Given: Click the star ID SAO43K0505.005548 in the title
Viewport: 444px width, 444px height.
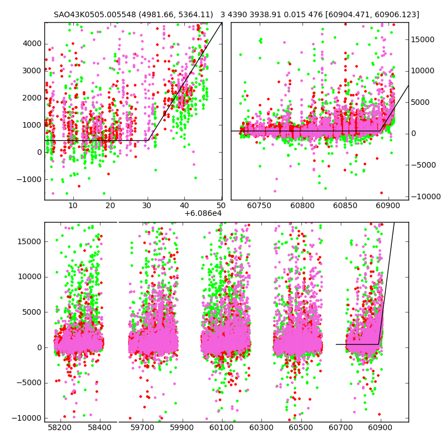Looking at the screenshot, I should click(92, 15).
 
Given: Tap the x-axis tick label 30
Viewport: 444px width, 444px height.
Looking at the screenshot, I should click(147, 206).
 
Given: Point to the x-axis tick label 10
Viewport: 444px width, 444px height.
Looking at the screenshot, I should click(73, 206).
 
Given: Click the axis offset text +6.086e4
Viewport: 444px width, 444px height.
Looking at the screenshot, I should click(203, 213).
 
